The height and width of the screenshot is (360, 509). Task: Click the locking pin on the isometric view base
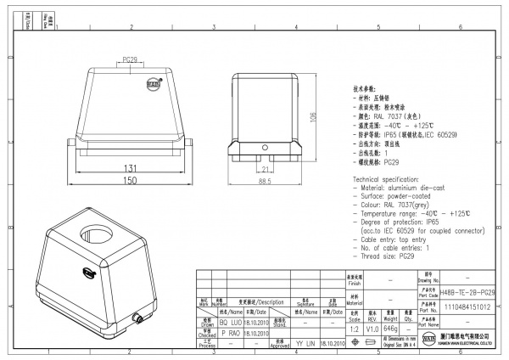pos(136,320)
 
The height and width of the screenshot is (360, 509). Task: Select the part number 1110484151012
pos(467,308)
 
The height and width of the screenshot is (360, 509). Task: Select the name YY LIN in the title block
pos(305,343)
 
